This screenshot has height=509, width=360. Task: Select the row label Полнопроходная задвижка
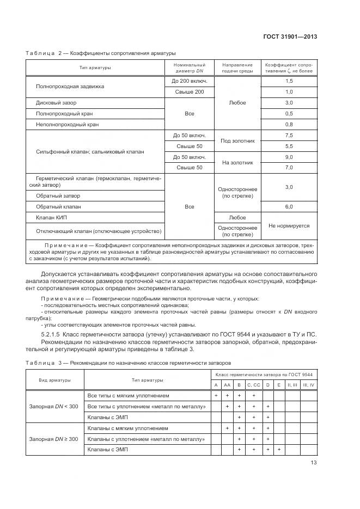tap(70, 87)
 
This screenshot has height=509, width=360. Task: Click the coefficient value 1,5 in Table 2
tap(289, 81)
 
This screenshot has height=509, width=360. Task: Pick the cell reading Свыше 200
tap(190, 92)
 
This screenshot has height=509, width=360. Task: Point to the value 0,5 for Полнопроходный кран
tap(289, 113)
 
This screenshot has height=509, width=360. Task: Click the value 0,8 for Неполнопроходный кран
tap(289, 124)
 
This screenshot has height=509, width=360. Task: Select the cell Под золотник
tap(237, 141)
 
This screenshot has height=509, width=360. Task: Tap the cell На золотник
tap(237, 162)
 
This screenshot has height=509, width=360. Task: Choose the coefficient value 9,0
tap(289, 157)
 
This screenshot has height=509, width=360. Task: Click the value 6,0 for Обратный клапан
tap(289, 207)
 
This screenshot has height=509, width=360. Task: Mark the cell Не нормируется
tap(289, 225)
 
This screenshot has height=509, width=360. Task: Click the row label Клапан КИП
tap(52, 218)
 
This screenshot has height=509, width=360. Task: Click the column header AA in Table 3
tap(227, 385)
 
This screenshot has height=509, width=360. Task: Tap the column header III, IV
tap(308, 385)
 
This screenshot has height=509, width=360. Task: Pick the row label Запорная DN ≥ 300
tap(53, 439)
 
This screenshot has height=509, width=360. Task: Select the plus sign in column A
tap(216, 395)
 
